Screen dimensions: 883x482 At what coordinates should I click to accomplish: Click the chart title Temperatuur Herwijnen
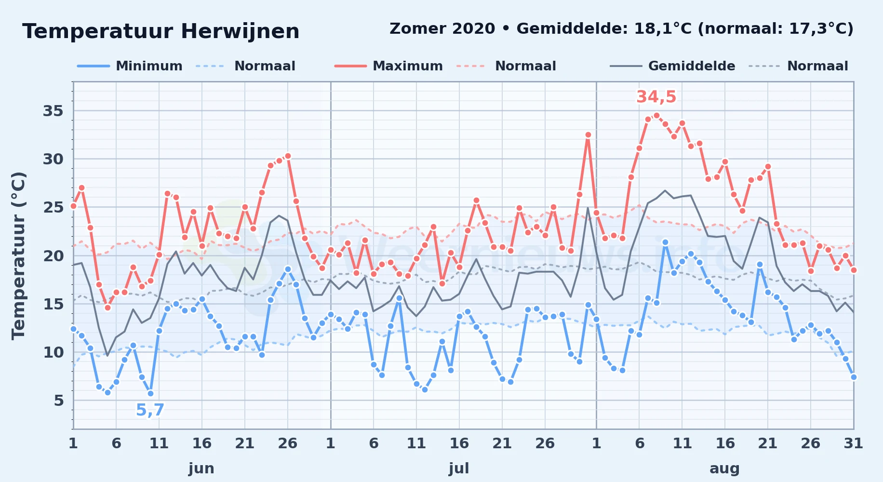[x=161, y=31]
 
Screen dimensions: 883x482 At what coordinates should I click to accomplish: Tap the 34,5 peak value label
[x=656, y=97]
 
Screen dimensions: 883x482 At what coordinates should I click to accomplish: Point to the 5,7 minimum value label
[x=150, y=410]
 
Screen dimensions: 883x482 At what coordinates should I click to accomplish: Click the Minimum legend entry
[x=130, y=66]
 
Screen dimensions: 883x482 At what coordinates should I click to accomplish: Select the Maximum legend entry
[x=388, y=66]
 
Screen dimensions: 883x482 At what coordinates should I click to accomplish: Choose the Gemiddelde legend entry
[x=672, y=66]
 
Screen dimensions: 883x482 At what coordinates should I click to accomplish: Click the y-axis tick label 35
[x=53, y=111]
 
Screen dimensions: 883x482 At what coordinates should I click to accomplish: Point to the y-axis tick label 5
[x=59, y=401]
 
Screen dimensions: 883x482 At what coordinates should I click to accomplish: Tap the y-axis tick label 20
[x=53, y=256]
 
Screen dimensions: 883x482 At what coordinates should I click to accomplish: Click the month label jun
[x=201, y=469]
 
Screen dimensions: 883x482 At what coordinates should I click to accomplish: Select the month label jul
[x=459, y=469]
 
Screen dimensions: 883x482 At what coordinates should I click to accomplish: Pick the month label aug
[x=724, y=469]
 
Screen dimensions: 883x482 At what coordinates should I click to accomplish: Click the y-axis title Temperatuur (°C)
[x=18, y=255]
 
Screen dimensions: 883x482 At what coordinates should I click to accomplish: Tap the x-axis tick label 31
[x=853, y=443]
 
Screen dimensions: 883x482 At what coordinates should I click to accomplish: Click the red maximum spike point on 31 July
[x=588, y=135]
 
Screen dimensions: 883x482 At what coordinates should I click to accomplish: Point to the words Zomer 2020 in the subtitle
[x=442, y=29]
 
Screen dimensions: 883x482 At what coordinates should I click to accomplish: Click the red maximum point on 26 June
[x=288, y=156]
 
